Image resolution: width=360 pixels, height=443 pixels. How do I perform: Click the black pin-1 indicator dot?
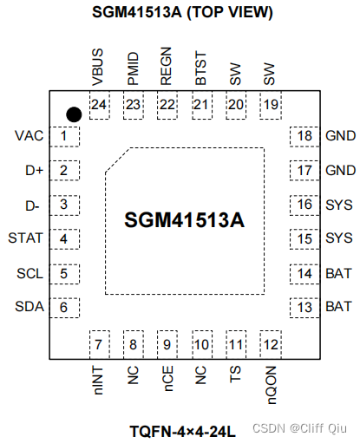pos(75,114)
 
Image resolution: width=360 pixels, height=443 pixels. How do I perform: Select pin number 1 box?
pos(63,136)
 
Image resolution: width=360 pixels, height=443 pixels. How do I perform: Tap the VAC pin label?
pos(29,136)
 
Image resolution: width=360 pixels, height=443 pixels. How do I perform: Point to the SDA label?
pos(29,307)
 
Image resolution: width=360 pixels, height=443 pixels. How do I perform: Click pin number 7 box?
pos(100,344)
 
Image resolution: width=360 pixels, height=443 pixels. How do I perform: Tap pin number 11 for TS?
pos(234,344)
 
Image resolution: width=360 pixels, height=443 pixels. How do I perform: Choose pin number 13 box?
pos(304,307)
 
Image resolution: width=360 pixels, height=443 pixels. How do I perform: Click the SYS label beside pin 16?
pos(338,205)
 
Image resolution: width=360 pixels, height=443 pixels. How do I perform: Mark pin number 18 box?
pos(304,136)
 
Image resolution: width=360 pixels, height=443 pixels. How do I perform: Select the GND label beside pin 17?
pos(338,171)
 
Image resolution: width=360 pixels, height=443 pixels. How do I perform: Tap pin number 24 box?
pos(100,105)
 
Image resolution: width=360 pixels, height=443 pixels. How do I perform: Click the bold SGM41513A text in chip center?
pos(183,220)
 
